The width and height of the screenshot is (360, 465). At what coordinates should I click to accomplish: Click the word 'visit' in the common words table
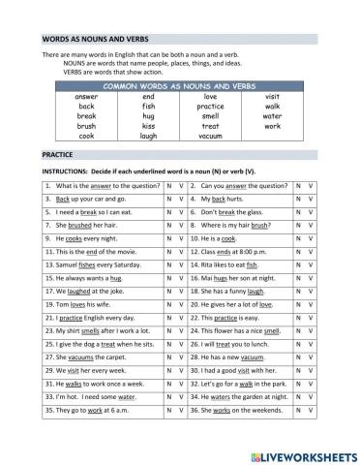272,98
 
